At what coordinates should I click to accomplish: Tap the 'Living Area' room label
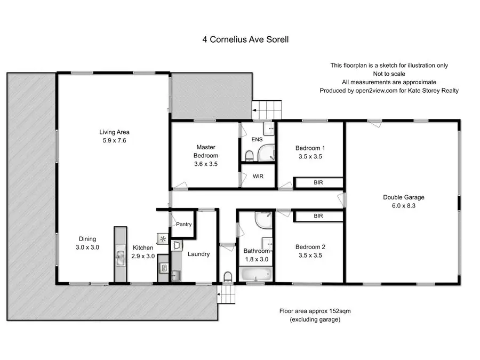pos(114,132)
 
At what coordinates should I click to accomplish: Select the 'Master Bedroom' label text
pos(205,151)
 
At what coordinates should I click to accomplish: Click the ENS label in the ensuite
pos(257,140)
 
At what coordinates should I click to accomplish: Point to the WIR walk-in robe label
pos(258,176)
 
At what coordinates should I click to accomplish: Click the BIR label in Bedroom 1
pos(318,182)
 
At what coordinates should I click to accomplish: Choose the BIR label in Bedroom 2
pos(318,216)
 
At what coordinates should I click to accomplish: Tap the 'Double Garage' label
pos(403,197)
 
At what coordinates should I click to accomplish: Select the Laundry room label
pos(198,254)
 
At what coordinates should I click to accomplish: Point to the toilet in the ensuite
pos(249,155)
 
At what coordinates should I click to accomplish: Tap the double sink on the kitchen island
pos(120,255)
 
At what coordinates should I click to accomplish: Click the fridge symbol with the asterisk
pos(163,238)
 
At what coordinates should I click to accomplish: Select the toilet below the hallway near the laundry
pos(228,276)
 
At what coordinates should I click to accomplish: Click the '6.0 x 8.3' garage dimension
pos(403,205)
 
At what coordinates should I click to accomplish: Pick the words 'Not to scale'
pos(389,74)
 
